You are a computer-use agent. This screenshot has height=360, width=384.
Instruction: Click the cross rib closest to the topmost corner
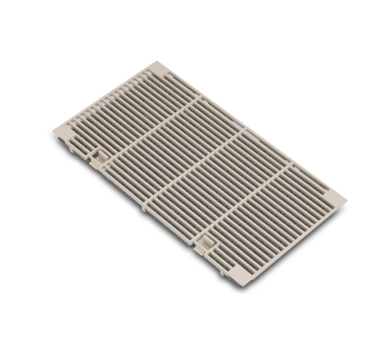pos(154,123)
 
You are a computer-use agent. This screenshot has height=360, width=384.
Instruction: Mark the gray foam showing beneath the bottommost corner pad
pos(236,282)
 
